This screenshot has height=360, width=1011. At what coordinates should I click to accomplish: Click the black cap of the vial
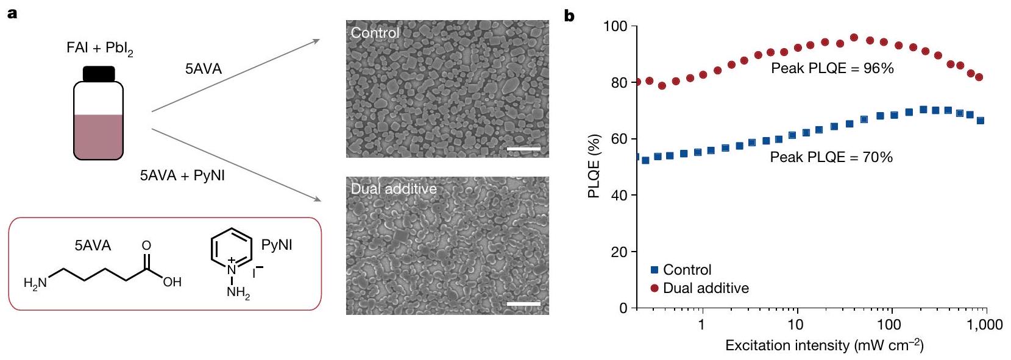click(x=99, y=74)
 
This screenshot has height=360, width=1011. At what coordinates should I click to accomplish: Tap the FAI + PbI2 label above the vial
click(x=99, y=49)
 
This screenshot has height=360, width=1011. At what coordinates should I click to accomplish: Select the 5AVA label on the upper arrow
click(x=204, y=69)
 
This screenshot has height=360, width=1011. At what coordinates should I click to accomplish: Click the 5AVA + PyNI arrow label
click(x=182, y=175)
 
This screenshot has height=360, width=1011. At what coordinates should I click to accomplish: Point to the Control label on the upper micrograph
click(x=375, y=33)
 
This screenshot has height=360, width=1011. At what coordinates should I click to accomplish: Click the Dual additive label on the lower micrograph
click(x=394, y=189)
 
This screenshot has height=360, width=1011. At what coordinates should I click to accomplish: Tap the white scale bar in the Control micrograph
click(x=523, y=148)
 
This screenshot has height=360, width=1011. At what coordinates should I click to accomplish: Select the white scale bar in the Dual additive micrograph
click(x=523, y=303)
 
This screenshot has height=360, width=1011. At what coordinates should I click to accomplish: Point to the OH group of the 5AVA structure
click(x=172, y=282)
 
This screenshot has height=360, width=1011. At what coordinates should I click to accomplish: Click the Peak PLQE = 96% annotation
click(x=832, y=68)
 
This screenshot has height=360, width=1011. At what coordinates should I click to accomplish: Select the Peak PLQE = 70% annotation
click(x=831, y=157)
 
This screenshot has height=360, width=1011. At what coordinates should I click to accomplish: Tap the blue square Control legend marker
click(x=654, y=269)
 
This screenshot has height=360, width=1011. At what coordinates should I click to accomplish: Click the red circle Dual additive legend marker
click(x=654, y=288)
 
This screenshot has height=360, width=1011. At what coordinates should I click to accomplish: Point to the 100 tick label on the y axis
click(x=615, y=26)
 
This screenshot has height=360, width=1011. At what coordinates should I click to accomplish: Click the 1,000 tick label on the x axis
click(x=984, y=325)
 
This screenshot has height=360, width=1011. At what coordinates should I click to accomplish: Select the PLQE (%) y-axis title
click(x=594, y=166)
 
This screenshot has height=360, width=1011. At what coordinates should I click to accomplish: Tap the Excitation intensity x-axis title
click(x=824, y=346)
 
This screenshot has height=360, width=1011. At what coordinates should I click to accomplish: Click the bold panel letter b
click(x=569, y=16)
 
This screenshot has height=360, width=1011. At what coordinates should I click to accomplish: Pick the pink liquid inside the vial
click(x=99, y=136)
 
